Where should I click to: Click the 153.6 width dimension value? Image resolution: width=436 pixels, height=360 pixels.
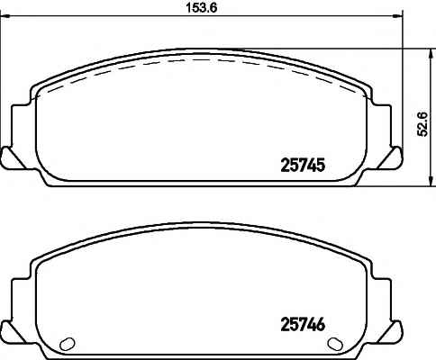point(202,7)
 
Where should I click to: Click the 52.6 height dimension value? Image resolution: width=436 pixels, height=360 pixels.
point(422,124)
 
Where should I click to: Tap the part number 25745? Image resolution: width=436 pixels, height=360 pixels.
point(303,166)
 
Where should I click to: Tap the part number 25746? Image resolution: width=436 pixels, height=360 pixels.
point(303,324)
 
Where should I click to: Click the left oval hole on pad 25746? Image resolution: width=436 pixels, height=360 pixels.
point(68,343)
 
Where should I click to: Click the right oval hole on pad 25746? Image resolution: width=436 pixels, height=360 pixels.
point(335,343)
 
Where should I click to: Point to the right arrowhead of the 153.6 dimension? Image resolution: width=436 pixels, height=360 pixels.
point(396,16)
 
